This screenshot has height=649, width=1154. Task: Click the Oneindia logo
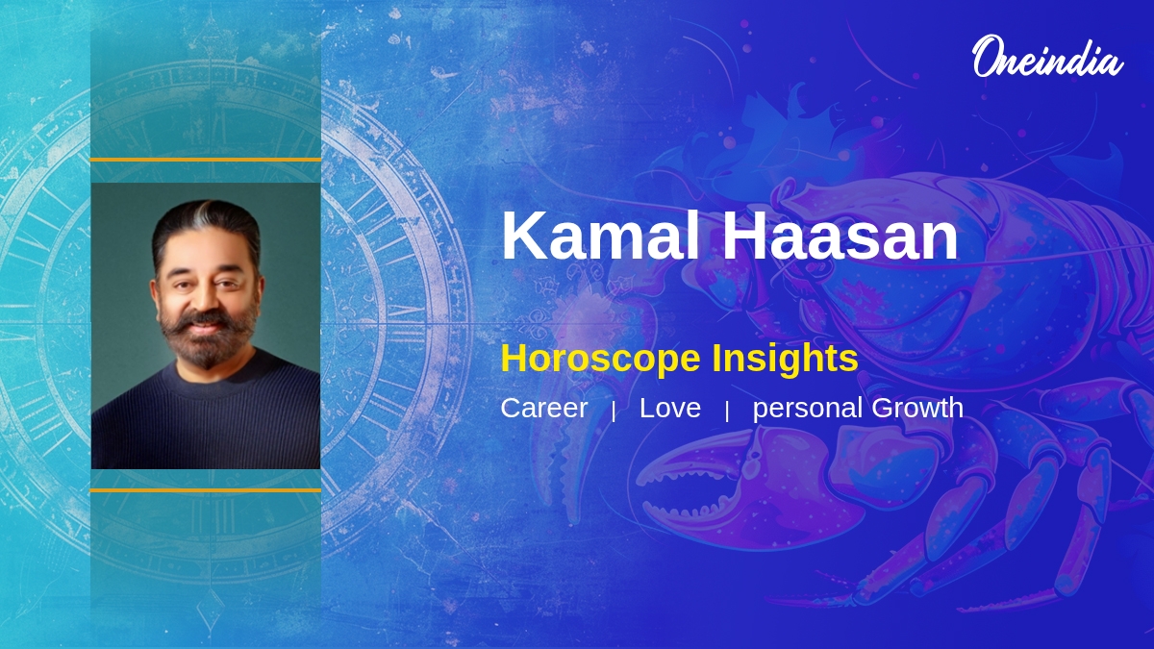click(x=1046, y=57)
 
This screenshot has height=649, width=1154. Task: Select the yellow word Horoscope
click(x=600, y=360)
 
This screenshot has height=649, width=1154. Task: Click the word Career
click(x=543, y=408)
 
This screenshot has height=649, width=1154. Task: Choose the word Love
click(x=669, y=408)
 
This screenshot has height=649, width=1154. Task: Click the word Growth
click(x=917, y=408)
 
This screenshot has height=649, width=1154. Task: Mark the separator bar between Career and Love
click(x=614, y=411)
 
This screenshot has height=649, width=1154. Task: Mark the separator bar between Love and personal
click(x=727, y=411)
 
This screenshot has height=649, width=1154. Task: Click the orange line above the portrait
click(x=205, y=159)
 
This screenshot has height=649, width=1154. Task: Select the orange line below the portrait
click(x=205, y=489)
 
